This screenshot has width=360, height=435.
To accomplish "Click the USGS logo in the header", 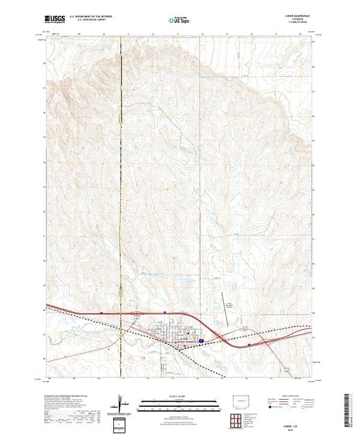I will coord(55,21).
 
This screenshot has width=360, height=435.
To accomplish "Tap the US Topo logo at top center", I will coord(180,21).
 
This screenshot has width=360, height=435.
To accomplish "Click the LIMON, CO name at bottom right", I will coord(290,409).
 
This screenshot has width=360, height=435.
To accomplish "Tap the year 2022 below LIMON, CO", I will coord(290,413).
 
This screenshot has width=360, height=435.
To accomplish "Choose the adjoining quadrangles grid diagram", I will coord(237,419).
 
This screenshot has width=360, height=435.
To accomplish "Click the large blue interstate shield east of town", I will coord(200,340).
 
